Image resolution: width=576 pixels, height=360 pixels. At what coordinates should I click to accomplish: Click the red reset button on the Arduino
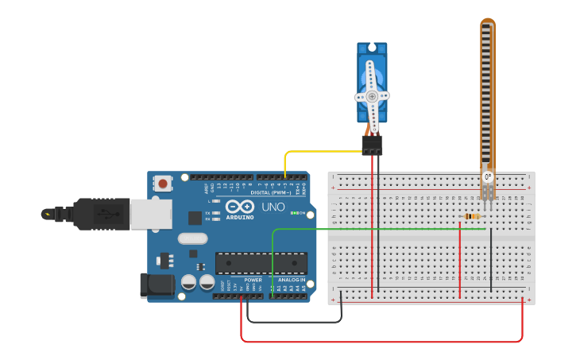[x=163, y=184]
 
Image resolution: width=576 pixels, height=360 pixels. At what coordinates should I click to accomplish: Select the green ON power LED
[x=295, y=213]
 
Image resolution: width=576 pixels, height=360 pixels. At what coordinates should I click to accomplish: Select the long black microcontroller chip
[x=261, y=263]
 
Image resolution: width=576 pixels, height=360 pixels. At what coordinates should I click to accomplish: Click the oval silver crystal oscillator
[x=192, y=238]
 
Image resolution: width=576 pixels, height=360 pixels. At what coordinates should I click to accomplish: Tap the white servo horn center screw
[x=371, y=96]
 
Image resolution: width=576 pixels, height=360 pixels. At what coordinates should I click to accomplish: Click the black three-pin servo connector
[x=372, y=145]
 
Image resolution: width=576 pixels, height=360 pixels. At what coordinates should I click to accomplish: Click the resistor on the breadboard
[x=472, y=216]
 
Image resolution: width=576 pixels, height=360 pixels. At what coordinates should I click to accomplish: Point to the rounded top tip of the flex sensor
[x=488, y=23]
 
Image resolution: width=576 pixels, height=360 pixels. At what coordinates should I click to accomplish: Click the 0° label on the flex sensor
[x=488, y=176]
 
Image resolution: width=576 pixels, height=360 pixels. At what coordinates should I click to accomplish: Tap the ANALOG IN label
[x=291, y=280]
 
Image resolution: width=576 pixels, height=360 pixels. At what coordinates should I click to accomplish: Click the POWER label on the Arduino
[x=253, y=280]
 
